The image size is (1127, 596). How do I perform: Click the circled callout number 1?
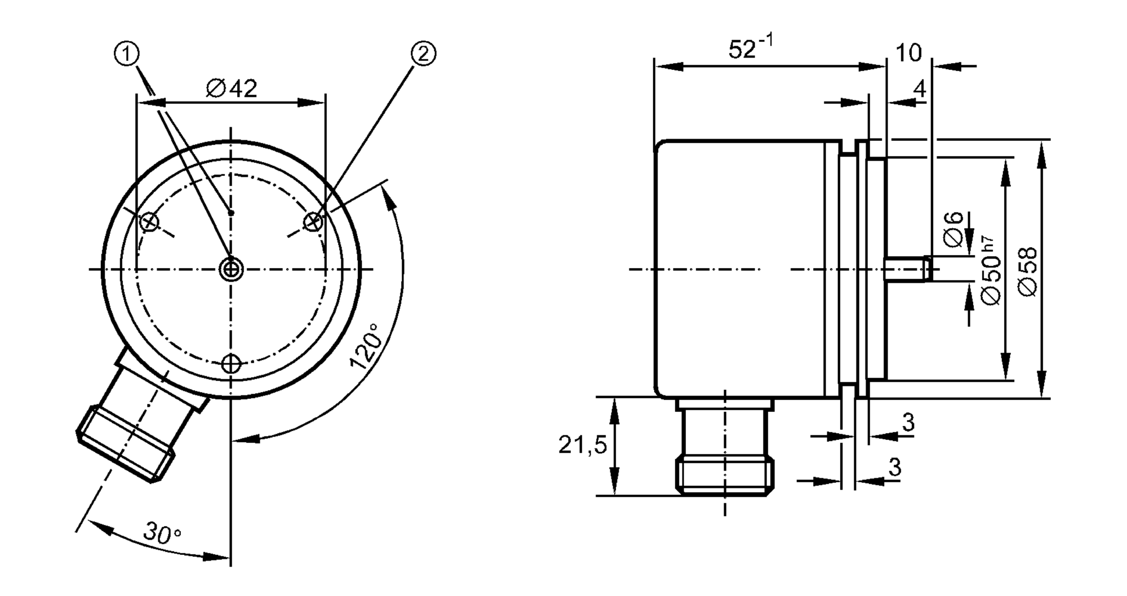(127, 54)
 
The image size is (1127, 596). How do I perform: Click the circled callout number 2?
(423, 54)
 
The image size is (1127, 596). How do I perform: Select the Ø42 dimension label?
(231, 88)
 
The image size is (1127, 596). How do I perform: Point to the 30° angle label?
(162, 532)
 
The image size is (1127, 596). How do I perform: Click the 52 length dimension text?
(750, 48)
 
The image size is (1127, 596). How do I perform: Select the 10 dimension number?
(908, 53)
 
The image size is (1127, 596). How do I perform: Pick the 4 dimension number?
(919, 89)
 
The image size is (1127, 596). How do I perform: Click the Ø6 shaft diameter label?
(952, 229)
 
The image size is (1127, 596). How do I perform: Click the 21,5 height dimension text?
(583, 446)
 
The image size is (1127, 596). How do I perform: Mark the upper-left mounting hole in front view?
(149, 222)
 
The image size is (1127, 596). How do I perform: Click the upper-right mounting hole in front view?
(313, 222)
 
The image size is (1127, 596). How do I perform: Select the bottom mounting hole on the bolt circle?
(231, 364)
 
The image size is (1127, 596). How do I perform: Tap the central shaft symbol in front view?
(231, 269)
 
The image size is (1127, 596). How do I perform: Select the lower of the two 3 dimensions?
(895, 467)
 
